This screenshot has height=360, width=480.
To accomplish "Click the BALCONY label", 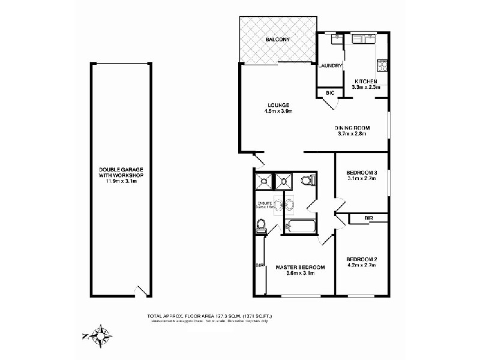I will [x=278, y=40].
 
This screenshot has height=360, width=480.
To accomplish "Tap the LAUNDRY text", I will [x=331, y=66].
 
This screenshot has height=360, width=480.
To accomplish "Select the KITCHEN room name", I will [x=365, y=81].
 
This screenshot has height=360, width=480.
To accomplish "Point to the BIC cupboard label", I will [x=329, y=94].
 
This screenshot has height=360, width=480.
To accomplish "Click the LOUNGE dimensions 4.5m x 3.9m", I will [x=278, y=111].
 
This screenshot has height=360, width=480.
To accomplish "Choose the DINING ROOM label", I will [x=352, y=128].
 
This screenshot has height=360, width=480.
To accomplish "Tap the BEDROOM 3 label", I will [x=361, y=171].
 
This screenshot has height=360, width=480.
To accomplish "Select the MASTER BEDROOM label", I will [x=300, y=267].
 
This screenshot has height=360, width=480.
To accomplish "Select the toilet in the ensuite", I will [x=261, y=226].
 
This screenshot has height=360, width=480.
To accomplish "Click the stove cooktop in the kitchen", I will [x=382, y=66].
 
